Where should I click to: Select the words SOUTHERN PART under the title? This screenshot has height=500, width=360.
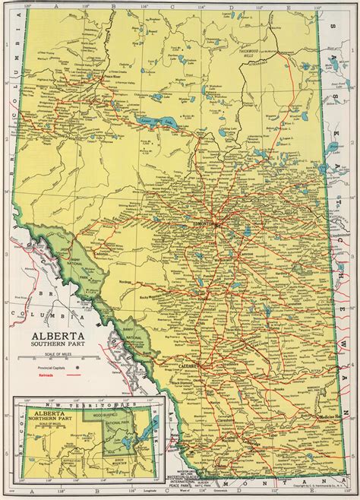coord(55,347)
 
